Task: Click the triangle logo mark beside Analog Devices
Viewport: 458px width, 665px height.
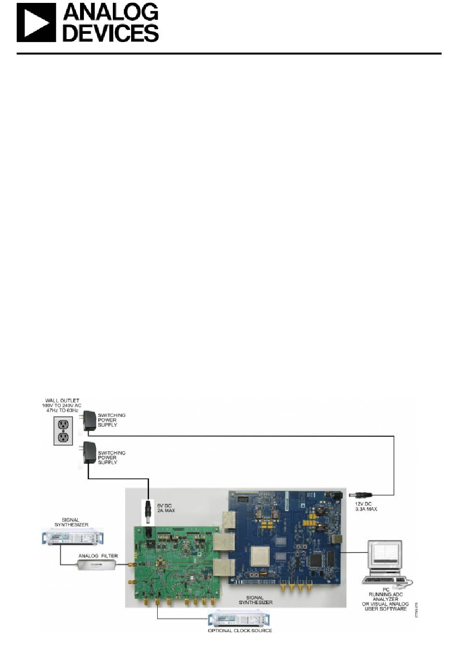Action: (x=36, y=23)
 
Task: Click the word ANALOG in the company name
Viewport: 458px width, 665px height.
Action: (x=111, y=13)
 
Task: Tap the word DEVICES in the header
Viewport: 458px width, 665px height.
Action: (x=111, y=33)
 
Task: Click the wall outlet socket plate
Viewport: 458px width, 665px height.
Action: (x=63, y=430)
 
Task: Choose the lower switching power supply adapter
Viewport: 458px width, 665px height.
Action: (x=89, y=453)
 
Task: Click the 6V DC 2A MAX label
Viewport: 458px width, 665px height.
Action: (x=166, y=508)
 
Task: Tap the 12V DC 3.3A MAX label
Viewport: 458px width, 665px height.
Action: (x=365, y=506)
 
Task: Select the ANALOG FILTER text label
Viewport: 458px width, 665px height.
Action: (x=98, y=556)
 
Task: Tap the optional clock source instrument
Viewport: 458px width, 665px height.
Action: (x=240, y=618)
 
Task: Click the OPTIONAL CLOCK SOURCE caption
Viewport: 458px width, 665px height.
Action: (x=240, y=630)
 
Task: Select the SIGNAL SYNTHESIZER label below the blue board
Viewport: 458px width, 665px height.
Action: (x=256, y=600)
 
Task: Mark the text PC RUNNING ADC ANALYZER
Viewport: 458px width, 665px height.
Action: (x=386, y=594)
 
